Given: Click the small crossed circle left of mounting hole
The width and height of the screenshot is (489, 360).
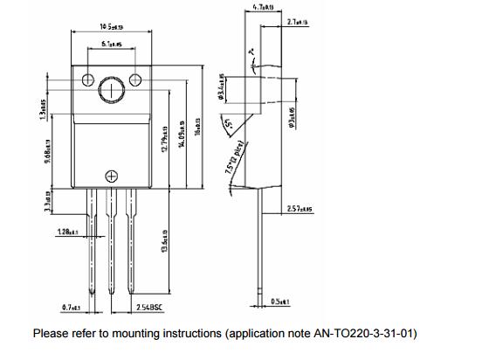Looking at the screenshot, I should [x=88, y=80].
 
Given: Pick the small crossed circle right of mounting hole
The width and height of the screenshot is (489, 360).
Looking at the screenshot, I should [x=135, y=80].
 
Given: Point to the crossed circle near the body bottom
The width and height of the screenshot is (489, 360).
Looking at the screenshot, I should [x=111, y=176].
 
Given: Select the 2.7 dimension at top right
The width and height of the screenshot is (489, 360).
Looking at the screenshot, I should [x=298, y=22].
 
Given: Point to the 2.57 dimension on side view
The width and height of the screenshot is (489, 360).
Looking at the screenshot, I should [x=301, y=210].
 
